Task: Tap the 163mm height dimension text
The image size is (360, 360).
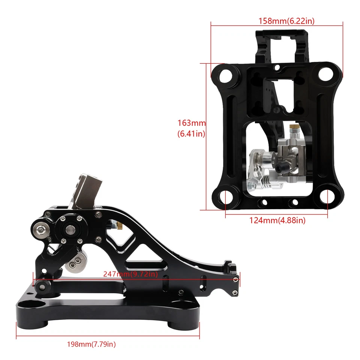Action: [192, 128]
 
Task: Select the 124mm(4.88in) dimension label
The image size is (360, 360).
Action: [277, 220]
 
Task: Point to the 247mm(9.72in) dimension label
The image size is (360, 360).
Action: [130, 274]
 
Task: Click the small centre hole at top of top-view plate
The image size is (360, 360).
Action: [277, 68]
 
